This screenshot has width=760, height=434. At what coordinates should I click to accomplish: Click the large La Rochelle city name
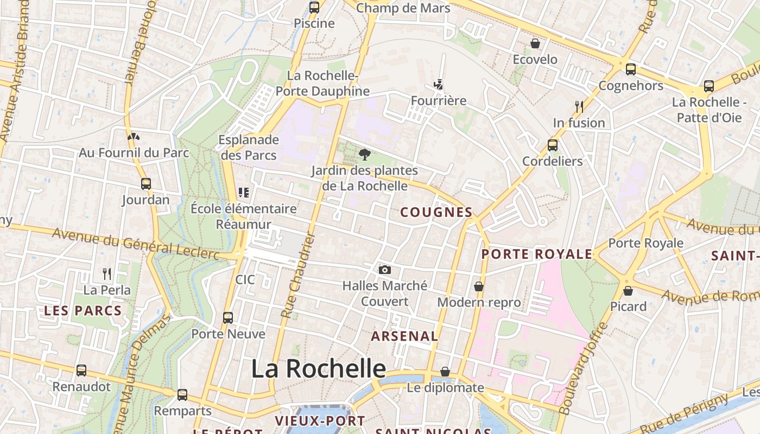pyautogui.click(x=318, y=369)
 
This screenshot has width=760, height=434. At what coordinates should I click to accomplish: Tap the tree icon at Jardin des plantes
pyautogui.click(x=365, y=155)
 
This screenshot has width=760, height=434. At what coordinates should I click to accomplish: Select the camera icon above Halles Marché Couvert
pyautogui.click(x=384, y=270)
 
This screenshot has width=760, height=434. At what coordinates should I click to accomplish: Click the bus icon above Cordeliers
pyautogui.click(x=552, y=145)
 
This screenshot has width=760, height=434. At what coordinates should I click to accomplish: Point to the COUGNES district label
pyautogui.click(x=436, y=212)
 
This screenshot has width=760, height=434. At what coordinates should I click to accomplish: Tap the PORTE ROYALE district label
pyautogui.click(x=536, y=254)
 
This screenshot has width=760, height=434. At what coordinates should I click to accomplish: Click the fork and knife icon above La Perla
pyautogui.click(x=107, y=274)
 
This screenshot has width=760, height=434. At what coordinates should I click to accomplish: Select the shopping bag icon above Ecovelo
pyautogui.click(x=535, y=43)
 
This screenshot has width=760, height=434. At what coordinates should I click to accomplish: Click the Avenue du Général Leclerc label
pyautogui.click(x=136, y=242)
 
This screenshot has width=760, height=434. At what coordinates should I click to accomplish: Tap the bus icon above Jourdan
pyautogui.click(x=145, y=184)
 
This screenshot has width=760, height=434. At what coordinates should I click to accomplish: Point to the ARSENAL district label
pyautogui.click(x=404, y=336)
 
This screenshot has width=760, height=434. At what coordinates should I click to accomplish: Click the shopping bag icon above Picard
pyautogui.click(x=628, y=291)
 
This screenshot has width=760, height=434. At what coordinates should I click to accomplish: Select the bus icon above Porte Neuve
pyautogui.click(x=228, y=318)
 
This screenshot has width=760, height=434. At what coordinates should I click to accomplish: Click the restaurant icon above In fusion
pyautogui.click(x=579, y=107)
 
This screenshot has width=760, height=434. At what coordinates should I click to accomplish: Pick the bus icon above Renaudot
pyautogui.click(x=81, y=371)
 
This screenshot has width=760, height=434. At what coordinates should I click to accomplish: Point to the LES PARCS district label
pyautogui.click(x=83, y=311)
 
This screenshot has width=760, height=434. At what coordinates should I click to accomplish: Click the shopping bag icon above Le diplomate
pyautogui.click(x=445, y=372)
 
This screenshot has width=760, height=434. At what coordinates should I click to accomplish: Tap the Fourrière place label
pyautogui.click(x=439, y=101)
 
